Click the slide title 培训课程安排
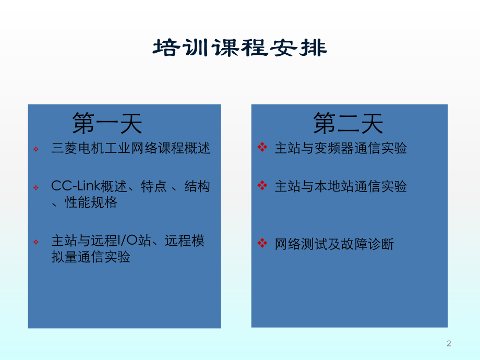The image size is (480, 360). [239, 48]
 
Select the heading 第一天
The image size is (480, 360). [107, 124]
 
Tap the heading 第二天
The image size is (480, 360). [348, 124]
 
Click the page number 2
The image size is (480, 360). [449, 343]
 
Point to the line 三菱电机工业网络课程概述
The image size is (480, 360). [131, 149]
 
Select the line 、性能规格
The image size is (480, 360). [85, 202]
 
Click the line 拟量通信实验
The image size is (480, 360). [91, 257]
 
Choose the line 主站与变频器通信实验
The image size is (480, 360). [341, 148]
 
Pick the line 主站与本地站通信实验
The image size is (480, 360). [341, 186]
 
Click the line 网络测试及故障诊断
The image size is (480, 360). [334, 244]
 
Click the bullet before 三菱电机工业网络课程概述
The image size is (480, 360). [36, 150]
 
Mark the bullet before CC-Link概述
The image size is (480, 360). [36, 187]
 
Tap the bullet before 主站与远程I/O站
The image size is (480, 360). [36, 242]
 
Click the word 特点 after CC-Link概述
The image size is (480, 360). [153, 186]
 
